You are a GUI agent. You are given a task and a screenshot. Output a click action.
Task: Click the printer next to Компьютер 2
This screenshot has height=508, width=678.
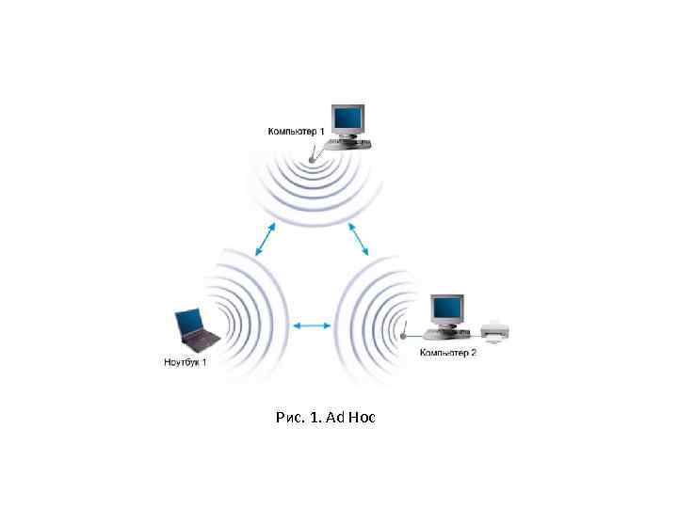point(495,330)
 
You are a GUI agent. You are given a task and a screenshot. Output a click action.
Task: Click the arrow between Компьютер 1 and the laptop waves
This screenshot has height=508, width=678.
point(266,239)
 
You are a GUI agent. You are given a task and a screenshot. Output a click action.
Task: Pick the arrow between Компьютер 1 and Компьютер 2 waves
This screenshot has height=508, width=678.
point(359,239)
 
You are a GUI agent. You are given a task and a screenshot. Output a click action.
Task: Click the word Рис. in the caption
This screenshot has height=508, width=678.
point(285,416)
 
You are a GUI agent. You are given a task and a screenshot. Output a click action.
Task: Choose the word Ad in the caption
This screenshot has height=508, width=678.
point(335,416)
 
